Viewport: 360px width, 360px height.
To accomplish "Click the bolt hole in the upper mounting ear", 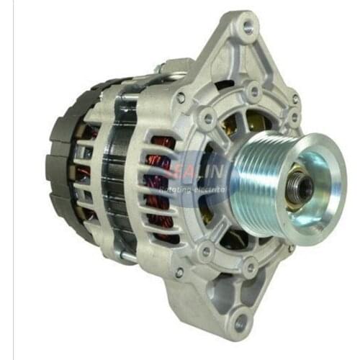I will pos(248,29).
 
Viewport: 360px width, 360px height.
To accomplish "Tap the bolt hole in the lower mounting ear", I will pos(240,324).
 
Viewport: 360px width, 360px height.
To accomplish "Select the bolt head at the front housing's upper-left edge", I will pos(181,97).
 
